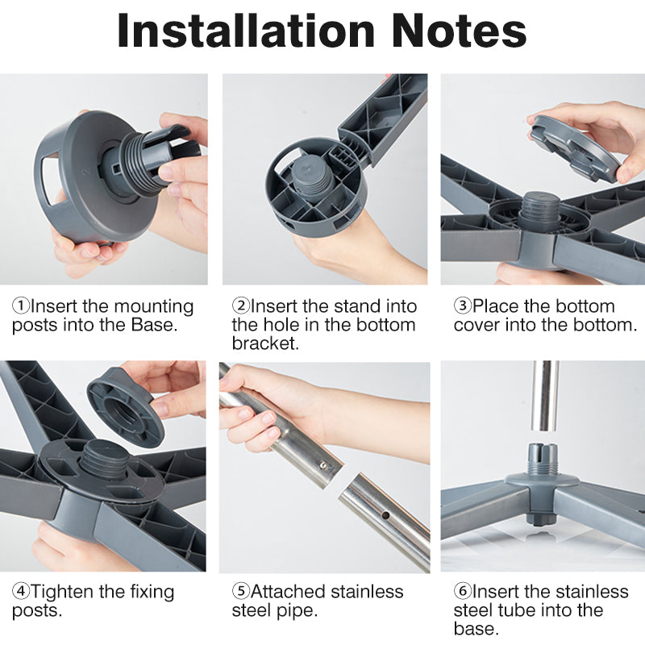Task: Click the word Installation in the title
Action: pos(246,31)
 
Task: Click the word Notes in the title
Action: pos(459,31)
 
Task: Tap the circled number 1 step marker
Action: pos(21,306)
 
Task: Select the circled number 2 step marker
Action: pos(240,306)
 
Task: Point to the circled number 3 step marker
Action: pos(462,306)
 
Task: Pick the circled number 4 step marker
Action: pos(21,592)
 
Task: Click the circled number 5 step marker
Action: pos(240,592)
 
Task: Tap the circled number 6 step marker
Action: pos(462,592)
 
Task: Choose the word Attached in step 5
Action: pos(289,592)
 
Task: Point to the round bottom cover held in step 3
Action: pos(575,147)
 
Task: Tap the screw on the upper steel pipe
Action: pos(323,465)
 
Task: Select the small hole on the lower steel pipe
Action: pos(385,514)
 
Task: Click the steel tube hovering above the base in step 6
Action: pos(545,396)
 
